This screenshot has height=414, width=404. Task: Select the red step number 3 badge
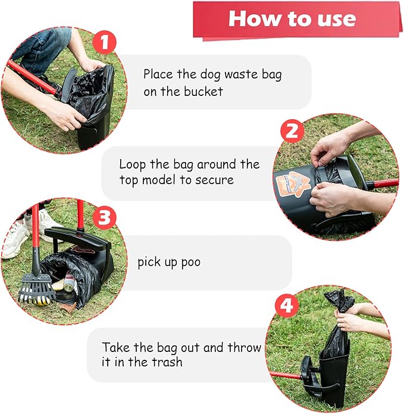pyautogui.click(x=105, y=218)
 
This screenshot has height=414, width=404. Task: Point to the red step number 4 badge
pyautogui.click(x=289, y=307)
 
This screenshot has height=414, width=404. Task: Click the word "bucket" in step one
pyautogui.click(x=203, y=92)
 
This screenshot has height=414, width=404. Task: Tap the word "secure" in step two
pyautogui.click(x=214, y=180)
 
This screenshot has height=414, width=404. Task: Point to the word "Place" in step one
pyautogui.click(x=158, y=74)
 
